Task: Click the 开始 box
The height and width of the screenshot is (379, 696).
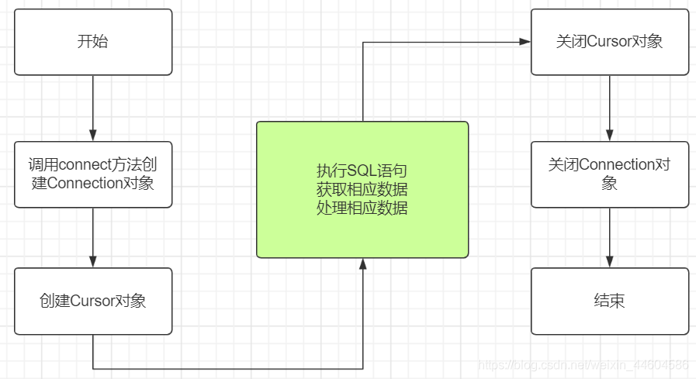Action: [93, 42]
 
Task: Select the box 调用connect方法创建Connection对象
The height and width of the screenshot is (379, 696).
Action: [93, 174]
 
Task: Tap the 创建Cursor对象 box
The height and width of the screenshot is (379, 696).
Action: [93, 301]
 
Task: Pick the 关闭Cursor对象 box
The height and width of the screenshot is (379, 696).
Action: [610, 42]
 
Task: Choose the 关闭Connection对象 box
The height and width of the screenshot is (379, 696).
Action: [610, 174]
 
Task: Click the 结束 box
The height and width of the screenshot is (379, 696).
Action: [610, 301]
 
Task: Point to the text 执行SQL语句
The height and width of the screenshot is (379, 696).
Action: [362, 171]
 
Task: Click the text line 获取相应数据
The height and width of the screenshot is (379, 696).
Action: [362, 189]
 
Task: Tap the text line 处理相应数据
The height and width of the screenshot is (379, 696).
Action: [362, 208]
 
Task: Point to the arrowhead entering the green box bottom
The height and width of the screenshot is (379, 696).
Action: [362, 264]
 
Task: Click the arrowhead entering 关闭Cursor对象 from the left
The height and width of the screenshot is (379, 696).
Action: [525, 42]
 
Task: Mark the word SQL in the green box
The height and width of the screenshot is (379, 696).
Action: [359, 171]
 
